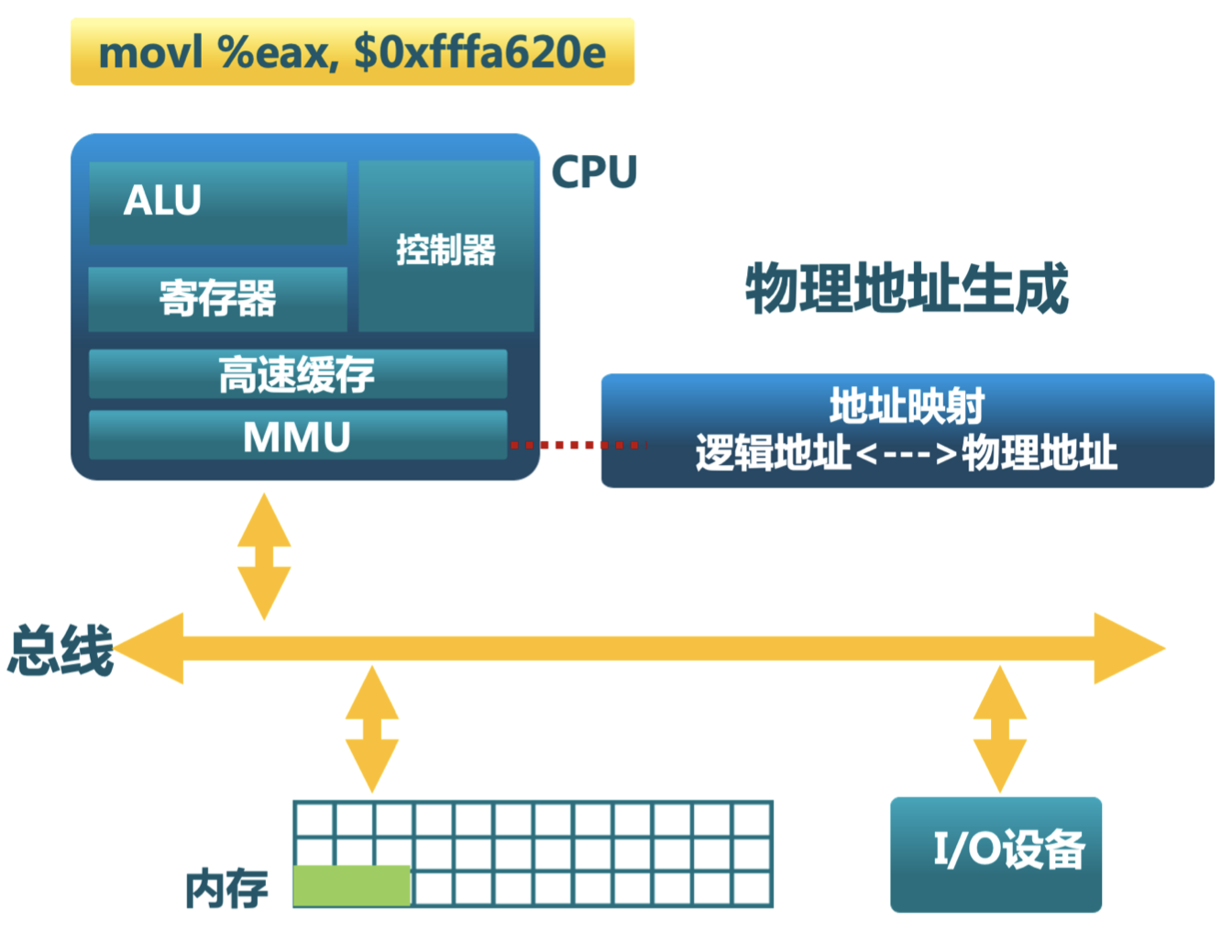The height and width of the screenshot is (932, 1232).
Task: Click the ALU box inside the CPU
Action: [x=218, y=202]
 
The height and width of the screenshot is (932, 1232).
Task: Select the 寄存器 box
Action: [x=218, y=299]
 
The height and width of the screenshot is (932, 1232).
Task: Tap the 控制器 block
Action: [x=446, y=248]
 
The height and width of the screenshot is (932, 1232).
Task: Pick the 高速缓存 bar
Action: [x=298, y=374]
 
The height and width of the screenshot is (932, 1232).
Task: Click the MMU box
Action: [x=298, y=437]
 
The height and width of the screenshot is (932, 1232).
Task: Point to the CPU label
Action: [x=594, y=172]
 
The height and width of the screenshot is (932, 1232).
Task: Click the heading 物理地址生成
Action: [x=907, y=289]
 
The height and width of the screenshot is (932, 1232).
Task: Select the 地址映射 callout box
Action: [x=907, y=430]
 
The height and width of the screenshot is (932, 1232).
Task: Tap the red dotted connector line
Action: [x=577, y=445]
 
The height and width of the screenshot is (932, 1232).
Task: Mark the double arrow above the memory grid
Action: [x=371, y=729]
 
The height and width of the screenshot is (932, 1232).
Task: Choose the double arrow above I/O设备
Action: [x=999, y=729]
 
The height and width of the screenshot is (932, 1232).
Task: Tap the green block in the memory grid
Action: [x=351, y=886]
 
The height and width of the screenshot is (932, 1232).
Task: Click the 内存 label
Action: [x=226, y=889]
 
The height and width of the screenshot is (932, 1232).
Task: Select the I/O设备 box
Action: [x=996, y=854]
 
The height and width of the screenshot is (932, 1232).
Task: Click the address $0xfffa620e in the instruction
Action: [x=480, y=52]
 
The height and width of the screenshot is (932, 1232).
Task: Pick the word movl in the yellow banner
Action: [x=151, y=52]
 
